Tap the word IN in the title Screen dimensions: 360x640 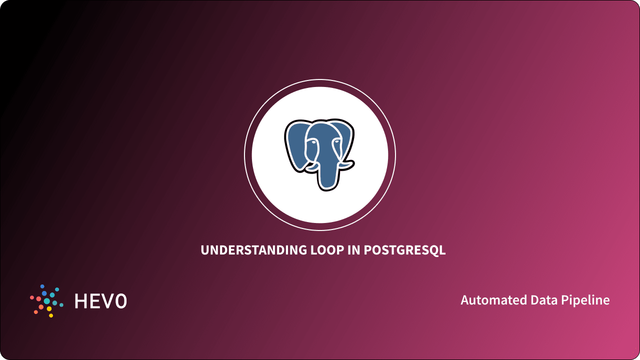pos(353,250)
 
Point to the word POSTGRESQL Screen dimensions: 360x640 pos(404,250)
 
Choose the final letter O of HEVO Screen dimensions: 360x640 pos(120,301)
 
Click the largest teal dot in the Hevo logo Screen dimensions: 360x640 pos(47,301)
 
